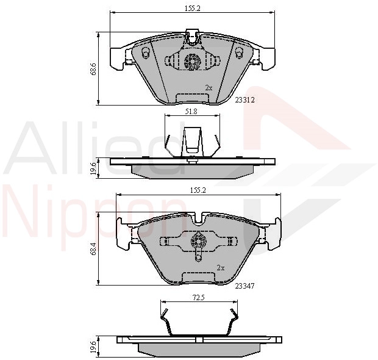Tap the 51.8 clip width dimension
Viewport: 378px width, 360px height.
[190, 112]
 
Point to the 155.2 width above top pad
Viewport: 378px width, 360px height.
[191, 9]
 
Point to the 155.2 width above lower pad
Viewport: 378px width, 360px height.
[196, 190]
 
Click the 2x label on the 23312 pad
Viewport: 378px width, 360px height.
[209, 88]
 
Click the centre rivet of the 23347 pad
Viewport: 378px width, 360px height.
[199, 242]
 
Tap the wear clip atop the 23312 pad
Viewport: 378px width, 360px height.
[193, 37]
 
